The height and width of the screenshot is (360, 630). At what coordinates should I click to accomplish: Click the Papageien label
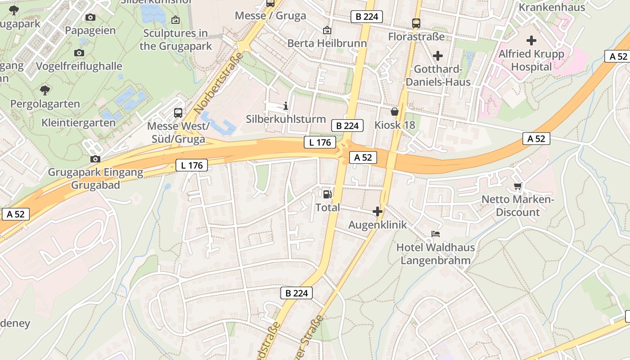click(90, 31)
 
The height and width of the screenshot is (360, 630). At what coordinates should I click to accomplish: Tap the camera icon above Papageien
click(90, 17)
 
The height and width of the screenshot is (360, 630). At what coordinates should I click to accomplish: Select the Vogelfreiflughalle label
click(79, 66)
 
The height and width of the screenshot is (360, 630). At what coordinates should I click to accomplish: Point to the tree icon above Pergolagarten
click(45, 90)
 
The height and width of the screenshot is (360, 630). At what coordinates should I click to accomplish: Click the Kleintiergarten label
click(78, 122)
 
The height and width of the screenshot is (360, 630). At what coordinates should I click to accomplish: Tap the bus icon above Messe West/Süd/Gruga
click(178, 112)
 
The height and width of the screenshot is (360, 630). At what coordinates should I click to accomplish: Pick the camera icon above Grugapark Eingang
click(95, 159)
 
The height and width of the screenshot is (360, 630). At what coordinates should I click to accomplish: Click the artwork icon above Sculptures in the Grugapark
click(175, 20)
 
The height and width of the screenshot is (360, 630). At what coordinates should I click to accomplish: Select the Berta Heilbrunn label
click(327, 44)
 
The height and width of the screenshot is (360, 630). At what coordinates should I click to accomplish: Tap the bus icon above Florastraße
click(416, 23)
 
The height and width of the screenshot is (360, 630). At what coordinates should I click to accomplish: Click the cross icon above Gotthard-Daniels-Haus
click(438, 56)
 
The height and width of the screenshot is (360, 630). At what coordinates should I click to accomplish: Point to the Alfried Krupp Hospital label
click(531, 60)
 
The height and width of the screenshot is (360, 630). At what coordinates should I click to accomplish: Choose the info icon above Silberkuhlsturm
click(286, 106)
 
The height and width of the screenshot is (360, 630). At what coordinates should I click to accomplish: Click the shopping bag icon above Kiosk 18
click(395, 112)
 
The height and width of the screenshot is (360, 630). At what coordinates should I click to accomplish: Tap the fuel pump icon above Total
click(328, 194)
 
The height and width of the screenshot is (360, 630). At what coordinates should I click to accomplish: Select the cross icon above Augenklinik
click(378, 211)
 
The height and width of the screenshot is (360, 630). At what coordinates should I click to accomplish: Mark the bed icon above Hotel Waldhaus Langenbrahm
click(435, 234)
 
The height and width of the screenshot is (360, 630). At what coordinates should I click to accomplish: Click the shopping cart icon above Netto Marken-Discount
click(517, 186)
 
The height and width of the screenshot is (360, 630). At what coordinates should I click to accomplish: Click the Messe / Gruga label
click(270, 16)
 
